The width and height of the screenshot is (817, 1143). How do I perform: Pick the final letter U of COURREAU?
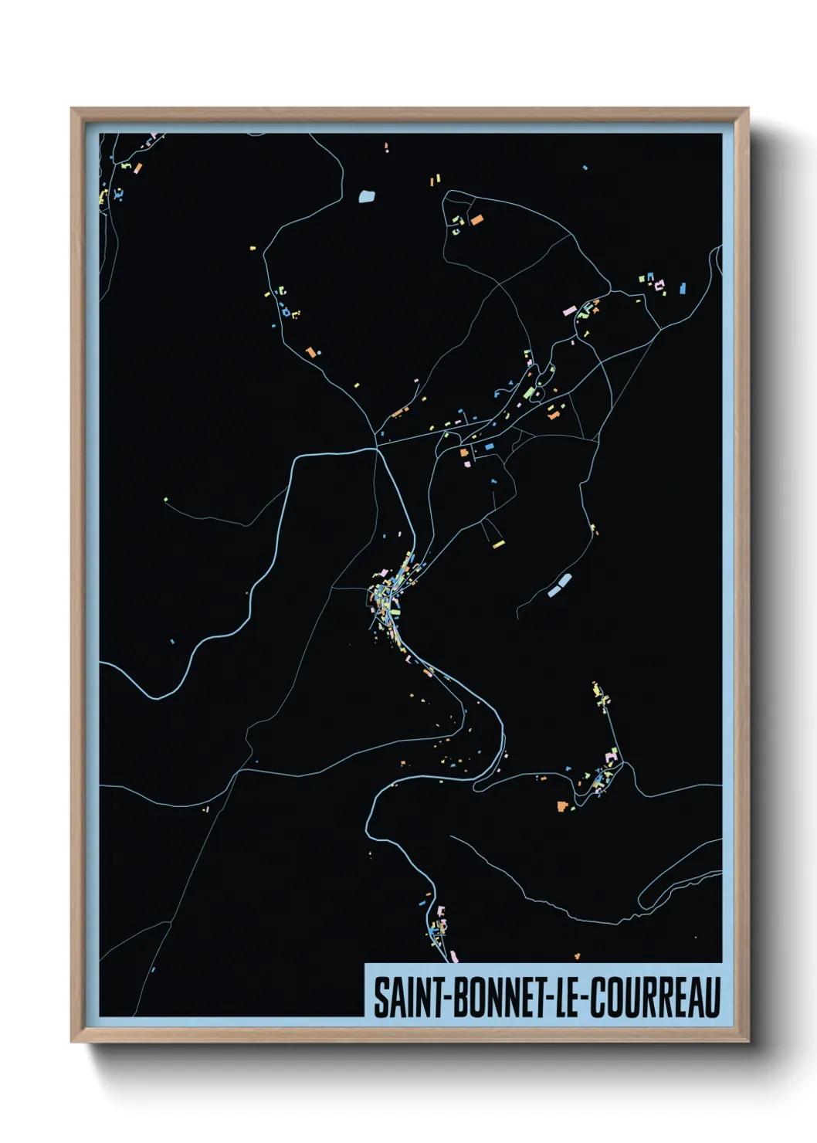(x=712, y=998)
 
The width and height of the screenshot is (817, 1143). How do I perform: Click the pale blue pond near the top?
(x=367, y=196)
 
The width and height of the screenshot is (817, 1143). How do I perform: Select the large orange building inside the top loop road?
(x=476, y=220)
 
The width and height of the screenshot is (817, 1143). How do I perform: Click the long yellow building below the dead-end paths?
(x=498, y=544)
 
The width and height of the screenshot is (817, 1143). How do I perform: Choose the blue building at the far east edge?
(x=682, y=290)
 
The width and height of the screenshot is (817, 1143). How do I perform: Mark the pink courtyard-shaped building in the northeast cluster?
(x=659, y=287)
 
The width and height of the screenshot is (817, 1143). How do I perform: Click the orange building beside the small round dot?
(x=310, y=352)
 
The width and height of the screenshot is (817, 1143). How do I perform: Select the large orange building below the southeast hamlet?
(x=561, y=807)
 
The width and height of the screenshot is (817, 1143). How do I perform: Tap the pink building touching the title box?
(x=453, y=957)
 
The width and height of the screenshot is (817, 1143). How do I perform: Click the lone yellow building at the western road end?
(x=165, y=500)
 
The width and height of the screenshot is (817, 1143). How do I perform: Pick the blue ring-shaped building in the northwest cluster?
(x=285, y=312)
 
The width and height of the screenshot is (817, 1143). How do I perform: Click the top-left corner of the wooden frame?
(x=72, y=109)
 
